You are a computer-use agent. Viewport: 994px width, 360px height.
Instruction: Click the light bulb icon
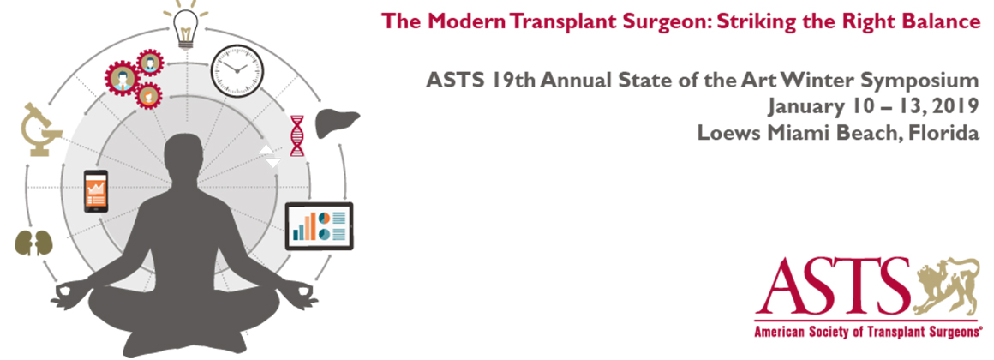tap(186, 26)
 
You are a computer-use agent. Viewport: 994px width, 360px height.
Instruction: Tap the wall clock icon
tap(237, 71)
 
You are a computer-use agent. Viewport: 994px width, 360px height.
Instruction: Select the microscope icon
tap(41, 130)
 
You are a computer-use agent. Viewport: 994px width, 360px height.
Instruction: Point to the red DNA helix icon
tap(296, 135)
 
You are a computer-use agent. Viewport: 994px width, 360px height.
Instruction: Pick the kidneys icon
tap(33, 243)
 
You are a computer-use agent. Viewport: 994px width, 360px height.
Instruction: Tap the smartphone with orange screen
tap(96, 191)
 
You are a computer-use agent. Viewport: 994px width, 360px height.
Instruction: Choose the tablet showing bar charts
tap(319, 226)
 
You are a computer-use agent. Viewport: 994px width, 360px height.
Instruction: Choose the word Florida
tap(945, 134)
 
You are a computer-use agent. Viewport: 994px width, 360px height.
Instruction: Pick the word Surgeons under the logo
tap(949, 332)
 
